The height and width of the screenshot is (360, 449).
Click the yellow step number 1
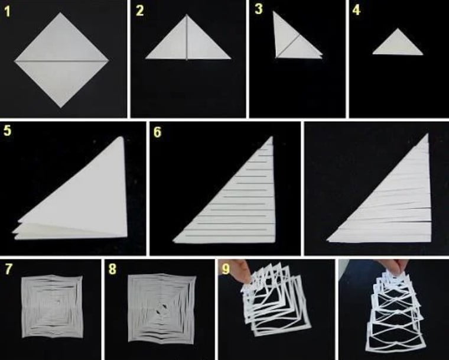tap(8, 12)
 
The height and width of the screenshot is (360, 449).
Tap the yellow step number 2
tap(140, 11)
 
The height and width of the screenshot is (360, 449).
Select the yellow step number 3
tap(259, 9)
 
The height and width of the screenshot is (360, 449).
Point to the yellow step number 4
tap(356, 10)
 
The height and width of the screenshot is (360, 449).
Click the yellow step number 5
tap(8, 131)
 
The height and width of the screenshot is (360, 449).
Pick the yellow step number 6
tap(158, 132)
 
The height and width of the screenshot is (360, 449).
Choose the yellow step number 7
tap(9, 269)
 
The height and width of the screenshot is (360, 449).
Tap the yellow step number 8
tap(112, 269)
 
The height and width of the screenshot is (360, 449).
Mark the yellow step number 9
tap(226, 269)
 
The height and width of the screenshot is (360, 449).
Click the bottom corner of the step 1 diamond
tap(60, 108)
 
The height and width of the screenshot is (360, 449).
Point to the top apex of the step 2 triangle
tap(187, 15)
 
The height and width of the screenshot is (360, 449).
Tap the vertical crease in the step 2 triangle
tap(187, 37)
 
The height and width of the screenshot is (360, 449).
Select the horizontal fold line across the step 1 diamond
tap(61, 61)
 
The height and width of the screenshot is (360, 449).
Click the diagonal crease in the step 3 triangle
tap(288, 47)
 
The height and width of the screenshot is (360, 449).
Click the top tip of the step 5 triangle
tap(122, 137)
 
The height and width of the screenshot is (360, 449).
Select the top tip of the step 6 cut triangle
tap(271, 137)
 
